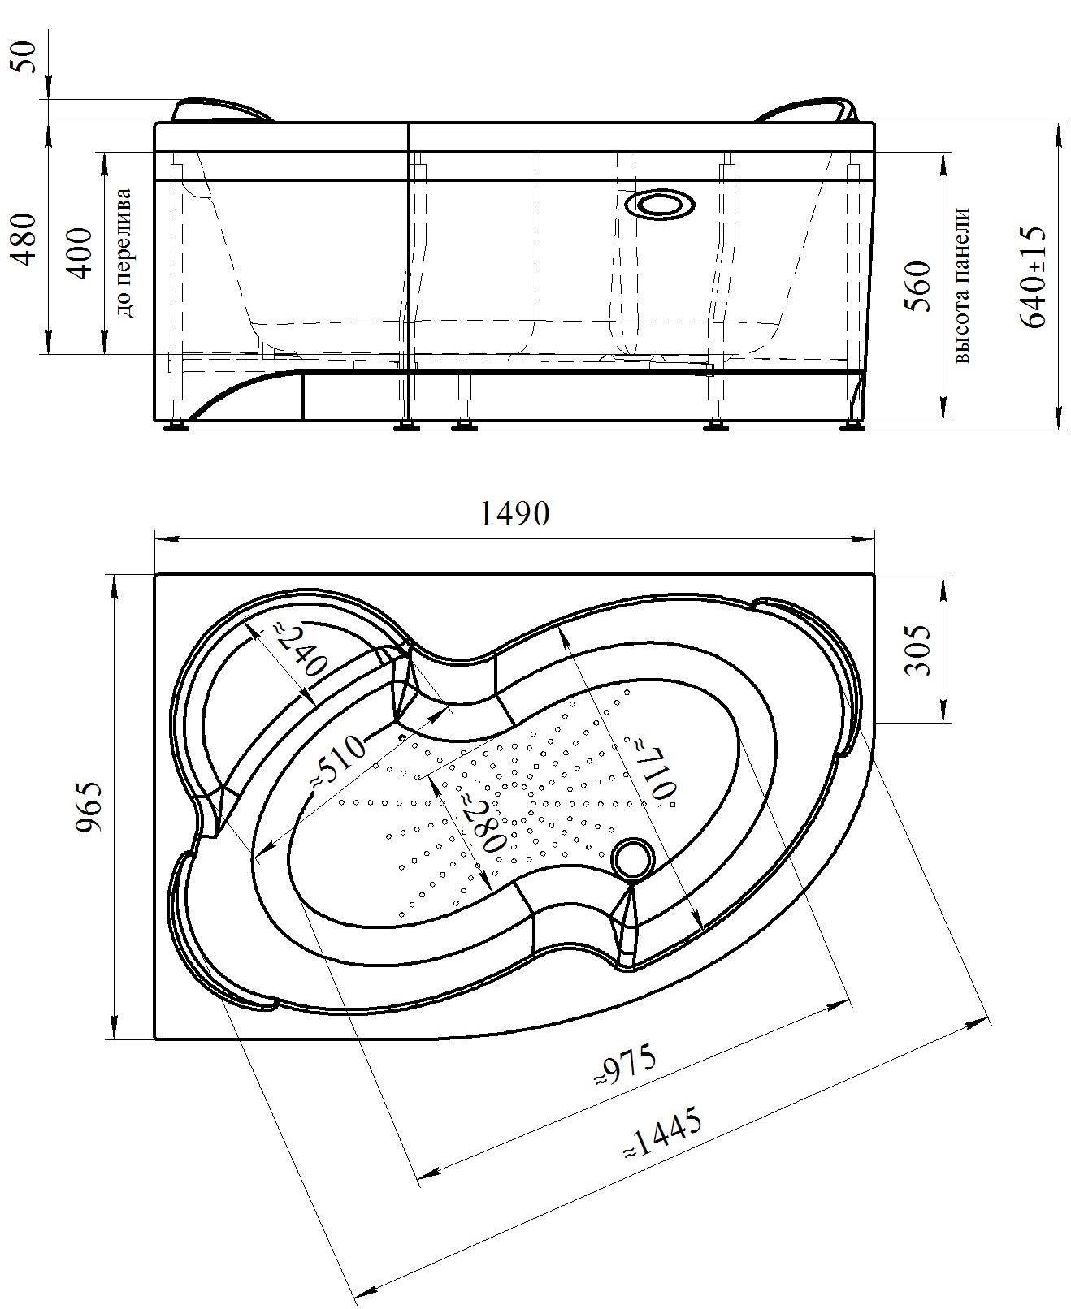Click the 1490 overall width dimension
514,514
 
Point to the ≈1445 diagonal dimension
663,1133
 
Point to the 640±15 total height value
1033,276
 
